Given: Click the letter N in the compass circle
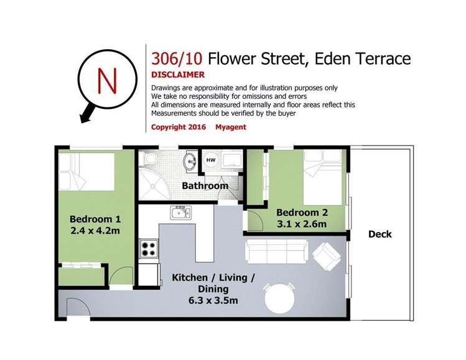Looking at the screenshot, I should [108, 80].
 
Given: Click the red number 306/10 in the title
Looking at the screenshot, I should [177, 59].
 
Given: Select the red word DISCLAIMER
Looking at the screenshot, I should [179, 75].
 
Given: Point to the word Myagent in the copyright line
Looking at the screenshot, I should [230, 127].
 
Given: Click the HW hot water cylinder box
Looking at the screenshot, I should [211, 160].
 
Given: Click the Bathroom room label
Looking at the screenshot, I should [205, 185].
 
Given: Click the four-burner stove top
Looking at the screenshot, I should [149, 249].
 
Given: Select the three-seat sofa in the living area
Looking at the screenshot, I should [276, 251].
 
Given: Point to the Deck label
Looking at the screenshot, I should [380, 234].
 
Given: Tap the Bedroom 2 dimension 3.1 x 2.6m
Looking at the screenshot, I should [302, 224].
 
